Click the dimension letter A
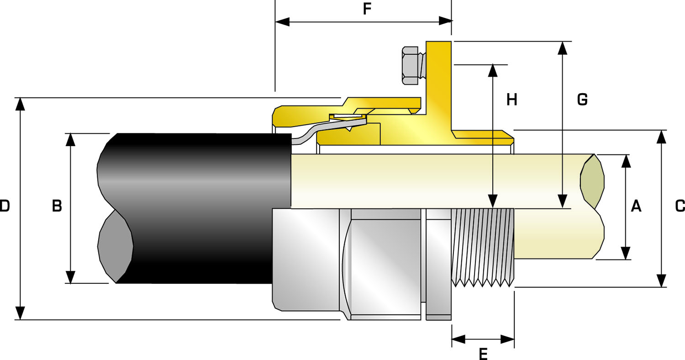[636, 206]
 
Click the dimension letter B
[57, 206]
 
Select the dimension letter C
[680, 206]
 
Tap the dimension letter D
[5, 206]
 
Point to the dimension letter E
[483, 354]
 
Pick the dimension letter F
[367, 9]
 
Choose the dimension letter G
[582, 99]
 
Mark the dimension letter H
[512, 99]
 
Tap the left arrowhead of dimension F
[282, 21]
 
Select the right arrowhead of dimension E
[508, 339]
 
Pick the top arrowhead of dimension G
[563, 48]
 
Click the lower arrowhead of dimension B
[70, 277]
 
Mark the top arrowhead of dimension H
[493, 70]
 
